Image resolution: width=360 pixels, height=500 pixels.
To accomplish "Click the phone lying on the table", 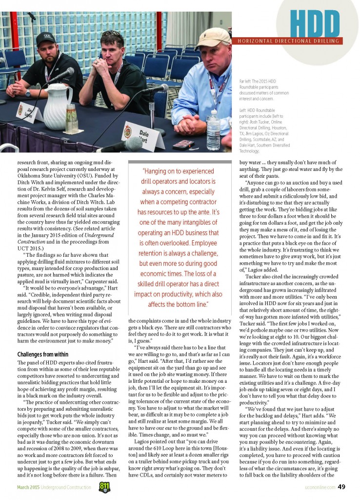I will point(183,145).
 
